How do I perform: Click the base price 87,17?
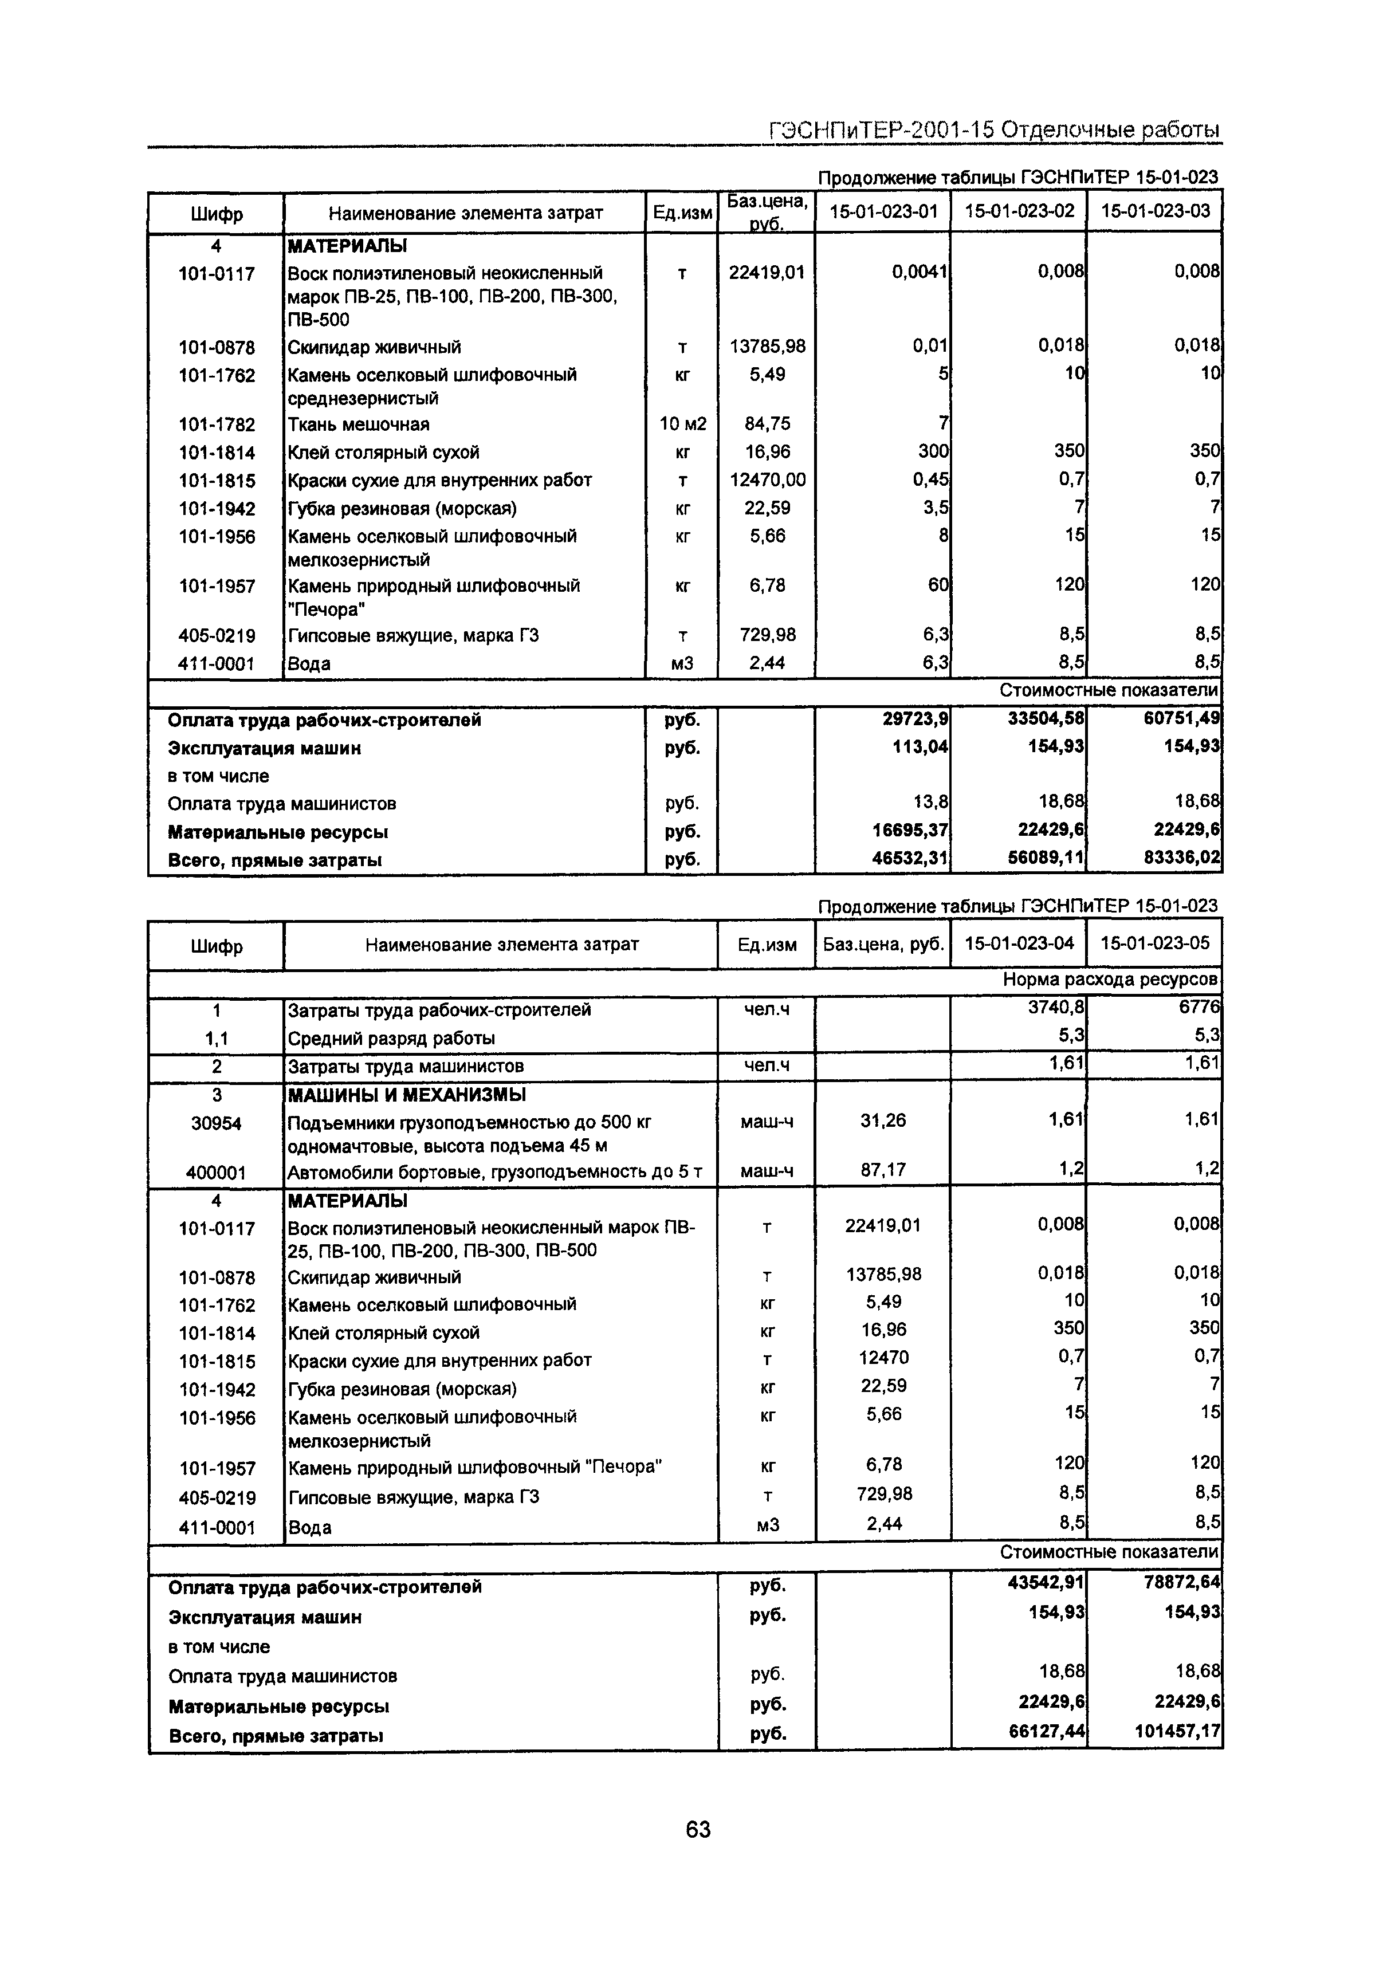(x=883, y=1170)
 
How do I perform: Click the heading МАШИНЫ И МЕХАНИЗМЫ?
(x=407, y=1095)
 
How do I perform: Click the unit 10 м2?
(x=681, y=424)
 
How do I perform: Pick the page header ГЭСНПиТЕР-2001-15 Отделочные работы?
(x=994, y=130)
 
